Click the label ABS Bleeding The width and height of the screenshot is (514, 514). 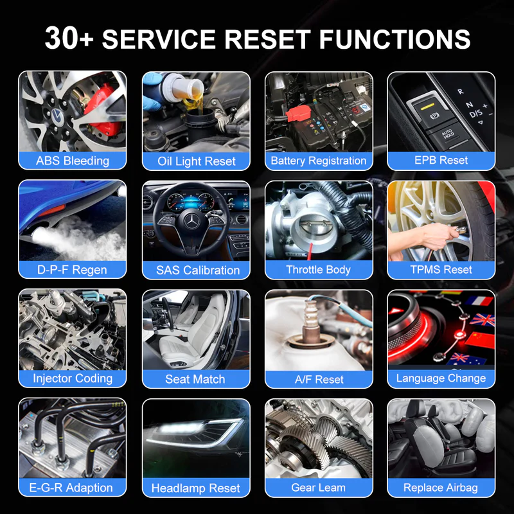click(x=73, y=161)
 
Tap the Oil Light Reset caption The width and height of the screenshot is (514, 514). click(x=197, y=161)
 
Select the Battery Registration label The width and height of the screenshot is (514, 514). click(x=319, y=161)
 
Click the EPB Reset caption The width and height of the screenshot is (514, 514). click(x=441, y=160)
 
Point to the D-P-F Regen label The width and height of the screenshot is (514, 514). click(x=72, y=270)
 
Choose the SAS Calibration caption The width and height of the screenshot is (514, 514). click(x=198, y=270)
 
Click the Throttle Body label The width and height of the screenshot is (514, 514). click(x=318, y=269)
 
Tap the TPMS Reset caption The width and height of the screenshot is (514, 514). click(x=441, y=269)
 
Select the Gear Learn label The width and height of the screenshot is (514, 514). click(x=318, y=488)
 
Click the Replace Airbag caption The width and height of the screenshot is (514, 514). click(x=441, y=488)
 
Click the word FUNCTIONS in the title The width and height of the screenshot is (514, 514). click(x=394, y=39)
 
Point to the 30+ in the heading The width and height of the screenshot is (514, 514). click(x=69, y=38)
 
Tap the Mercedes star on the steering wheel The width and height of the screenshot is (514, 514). click(x=191, y=222)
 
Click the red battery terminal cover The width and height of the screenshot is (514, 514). click(x=298, y=114)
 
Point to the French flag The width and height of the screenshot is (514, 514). click(x=479, y=301)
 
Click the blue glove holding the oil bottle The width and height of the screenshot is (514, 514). click(x=152, y=92)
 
